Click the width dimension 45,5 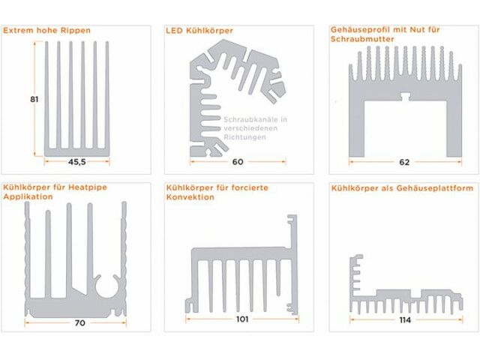pos(77,161)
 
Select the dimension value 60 pos(238,161)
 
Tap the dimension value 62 pos(405,161)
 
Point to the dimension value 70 pos(79,323)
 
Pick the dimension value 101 pos(242,318)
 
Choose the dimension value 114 pos(406,320)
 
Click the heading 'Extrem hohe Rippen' pos(48,31)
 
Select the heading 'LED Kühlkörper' pos(199,31)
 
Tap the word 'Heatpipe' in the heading pos(94,187)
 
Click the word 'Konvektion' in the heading pos(190,197)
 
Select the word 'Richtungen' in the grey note pos(244,139)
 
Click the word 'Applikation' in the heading pos(28,197)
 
